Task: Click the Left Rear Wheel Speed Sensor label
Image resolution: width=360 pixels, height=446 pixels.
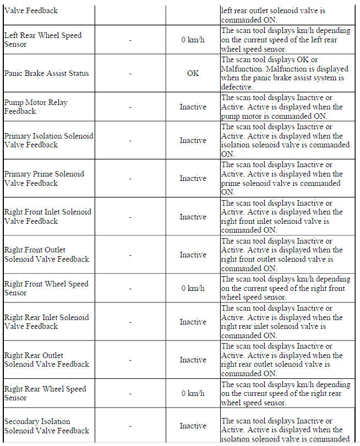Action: pyautogui.click(x=43, y=40)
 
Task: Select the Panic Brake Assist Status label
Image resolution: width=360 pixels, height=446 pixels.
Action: pyautogui.click(x=46, y=73)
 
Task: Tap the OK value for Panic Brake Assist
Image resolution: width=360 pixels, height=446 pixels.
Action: pyautogui.click(x=193, y=73)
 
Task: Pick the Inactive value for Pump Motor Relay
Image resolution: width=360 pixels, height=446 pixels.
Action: pyautogui.click(x=193, y=107)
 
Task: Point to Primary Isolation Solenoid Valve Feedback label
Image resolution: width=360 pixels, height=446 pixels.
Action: pyautogui.click(x=48, y=140)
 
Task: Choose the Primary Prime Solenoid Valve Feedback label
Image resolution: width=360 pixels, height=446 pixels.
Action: pyautogui.click(x=44, y=178)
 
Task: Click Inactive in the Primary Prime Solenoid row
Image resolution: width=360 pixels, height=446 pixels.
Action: pyautogui.click(x=193, y=178)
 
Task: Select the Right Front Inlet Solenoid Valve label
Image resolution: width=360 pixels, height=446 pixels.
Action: pyautogui.click(x=48, y=217)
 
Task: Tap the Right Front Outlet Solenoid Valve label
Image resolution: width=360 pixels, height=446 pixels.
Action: pyautogui.click(x=47, y=255)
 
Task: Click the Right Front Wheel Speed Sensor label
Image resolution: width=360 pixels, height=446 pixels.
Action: pyautogui.click(x=46, y=288)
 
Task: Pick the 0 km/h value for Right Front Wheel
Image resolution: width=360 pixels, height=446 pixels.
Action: pyautogui.click(x=193, y=288)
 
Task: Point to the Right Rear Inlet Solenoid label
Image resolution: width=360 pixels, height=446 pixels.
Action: pyautogui.click(x=46, y=322)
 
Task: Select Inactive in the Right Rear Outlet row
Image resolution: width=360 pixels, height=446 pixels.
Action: pyautogui.click(x=193, y=360)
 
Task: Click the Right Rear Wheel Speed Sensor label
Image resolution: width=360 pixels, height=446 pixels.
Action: pyautogui.click(x=45, y=393)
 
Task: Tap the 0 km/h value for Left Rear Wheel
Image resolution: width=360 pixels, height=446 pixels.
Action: pyautogui.click(x=193, y=40)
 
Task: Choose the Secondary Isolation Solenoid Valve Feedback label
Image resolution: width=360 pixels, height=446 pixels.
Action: pyautogui.click(x=47, y=426)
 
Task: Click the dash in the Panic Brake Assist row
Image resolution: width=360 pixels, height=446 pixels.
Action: pyautogui.click(x=130, y=73)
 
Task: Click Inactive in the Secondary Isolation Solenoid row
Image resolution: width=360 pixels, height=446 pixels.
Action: pyautogui.click(x=193, y=426)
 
